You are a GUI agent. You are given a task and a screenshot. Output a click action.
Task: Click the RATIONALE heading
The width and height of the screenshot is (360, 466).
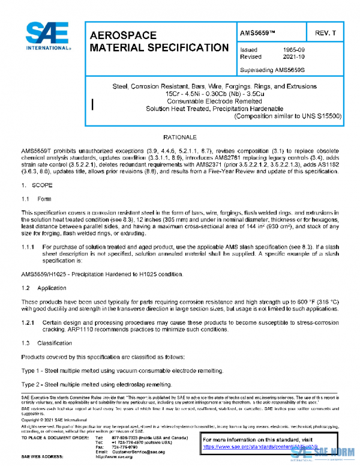click(x=180, y=137)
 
